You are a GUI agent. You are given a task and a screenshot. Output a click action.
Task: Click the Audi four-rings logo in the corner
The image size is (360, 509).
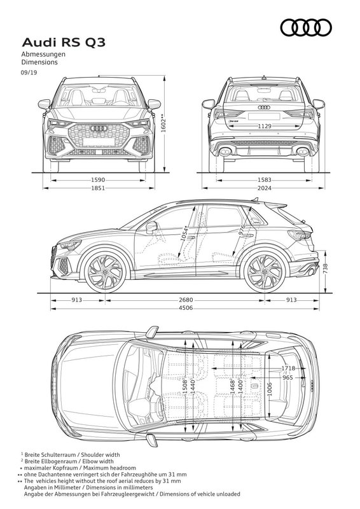(x=306, y=27)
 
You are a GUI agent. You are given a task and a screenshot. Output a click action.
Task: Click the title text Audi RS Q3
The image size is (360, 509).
(x=64, y=43)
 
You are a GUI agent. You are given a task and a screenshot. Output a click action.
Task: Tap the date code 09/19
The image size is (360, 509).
(x=29, y=73)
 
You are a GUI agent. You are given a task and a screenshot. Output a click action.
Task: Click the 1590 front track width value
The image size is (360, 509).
(x=98, y=180)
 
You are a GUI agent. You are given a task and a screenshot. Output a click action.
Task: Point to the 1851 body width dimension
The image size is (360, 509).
(x=98, y=188)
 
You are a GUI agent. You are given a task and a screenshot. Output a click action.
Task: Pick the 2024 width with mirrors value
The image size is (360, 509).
(x=264, y=188)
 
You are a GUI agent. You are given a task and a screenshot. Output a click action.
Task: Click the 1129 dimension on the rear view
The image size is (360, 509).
(x=265, y=126)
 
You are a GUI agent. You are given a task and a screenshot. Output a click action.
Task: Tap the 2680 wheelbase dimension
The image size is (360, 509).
(x=185, y=300)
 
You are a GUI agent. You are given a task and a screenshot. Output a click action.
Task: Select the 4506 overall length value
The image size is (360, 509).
(x=185, y=308)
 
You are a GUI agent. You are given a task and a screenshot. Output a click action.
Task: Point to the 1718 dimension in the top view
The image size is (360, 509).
(x=288, y=368)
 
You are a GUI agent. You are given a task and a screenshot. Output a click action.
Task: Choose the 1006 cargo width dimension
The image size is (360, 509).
(x=270, y=389)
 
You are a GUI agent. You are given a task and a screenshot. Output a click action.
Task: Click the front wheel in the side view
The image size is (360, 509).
(x=105, y=272)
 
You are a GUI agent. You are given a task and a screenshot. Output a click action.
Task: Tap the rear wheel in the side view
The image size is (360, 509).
(x=265, y=272)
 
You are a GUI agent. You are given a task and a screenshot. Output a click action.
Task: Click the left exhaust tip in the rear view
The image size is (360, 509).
(x=225, y=152)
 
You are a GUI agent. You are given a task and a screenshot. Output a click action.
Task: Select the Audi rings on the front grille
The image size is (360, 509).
(x=99, y=129)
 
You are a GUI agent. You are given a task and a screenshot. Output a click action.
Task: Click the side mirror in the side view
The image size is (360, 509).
(x=151, y=227)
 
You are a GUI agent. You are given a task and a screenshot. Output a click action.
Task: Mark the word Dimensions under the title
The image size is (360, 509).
(x=39, y=62)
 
